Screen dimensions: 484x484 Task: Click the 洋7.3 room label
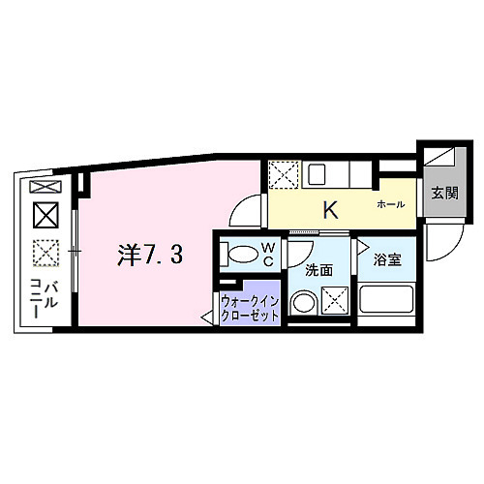(148, 256)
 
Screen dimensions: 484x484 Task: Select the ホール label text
(391, 205)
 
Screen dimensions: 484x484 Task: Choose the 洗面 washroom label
(318, 270)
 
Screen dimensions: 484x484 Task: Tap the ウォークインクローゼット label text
(250, 307)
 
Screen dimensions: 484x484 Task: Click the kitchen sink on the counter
(319, 175)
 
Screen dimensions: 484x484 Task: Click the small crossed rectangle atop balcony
(45, 186)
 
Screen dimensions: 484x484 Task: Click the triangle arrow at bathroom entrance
(357, 259)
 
